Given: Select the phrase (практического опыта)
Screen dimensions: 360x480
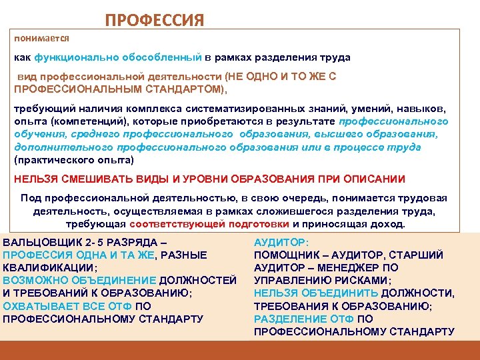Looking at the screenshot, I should click(x=74, y=160).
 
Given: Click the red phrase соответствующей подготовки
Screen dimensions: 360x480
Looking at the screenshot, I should click(x=210, y=224).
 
